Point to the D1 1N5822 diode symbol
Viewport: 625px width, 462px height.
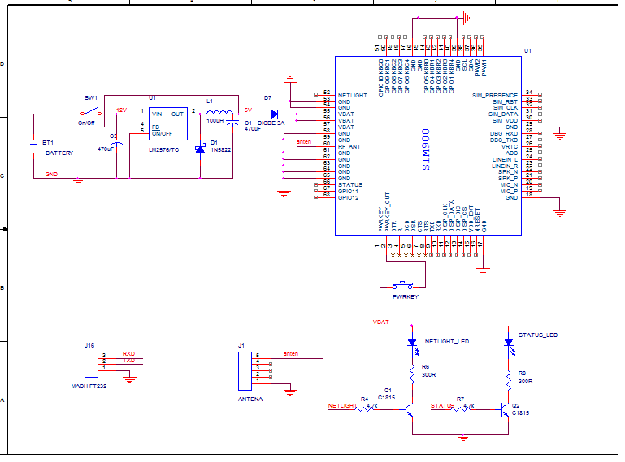(x=200, y=149)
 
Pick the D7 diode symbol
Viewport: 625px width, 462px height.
(x=273, y=113)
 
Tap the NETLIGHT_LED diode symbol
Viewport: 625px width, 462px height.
(x=411, y=342)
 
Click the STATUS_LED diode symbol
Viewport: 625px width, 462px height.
(x=509, y=342)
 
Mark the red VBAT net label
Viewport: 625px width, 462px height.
(x=380, y=322)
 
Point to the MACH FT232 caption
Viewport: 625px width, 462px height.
(x=90, y=386)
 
